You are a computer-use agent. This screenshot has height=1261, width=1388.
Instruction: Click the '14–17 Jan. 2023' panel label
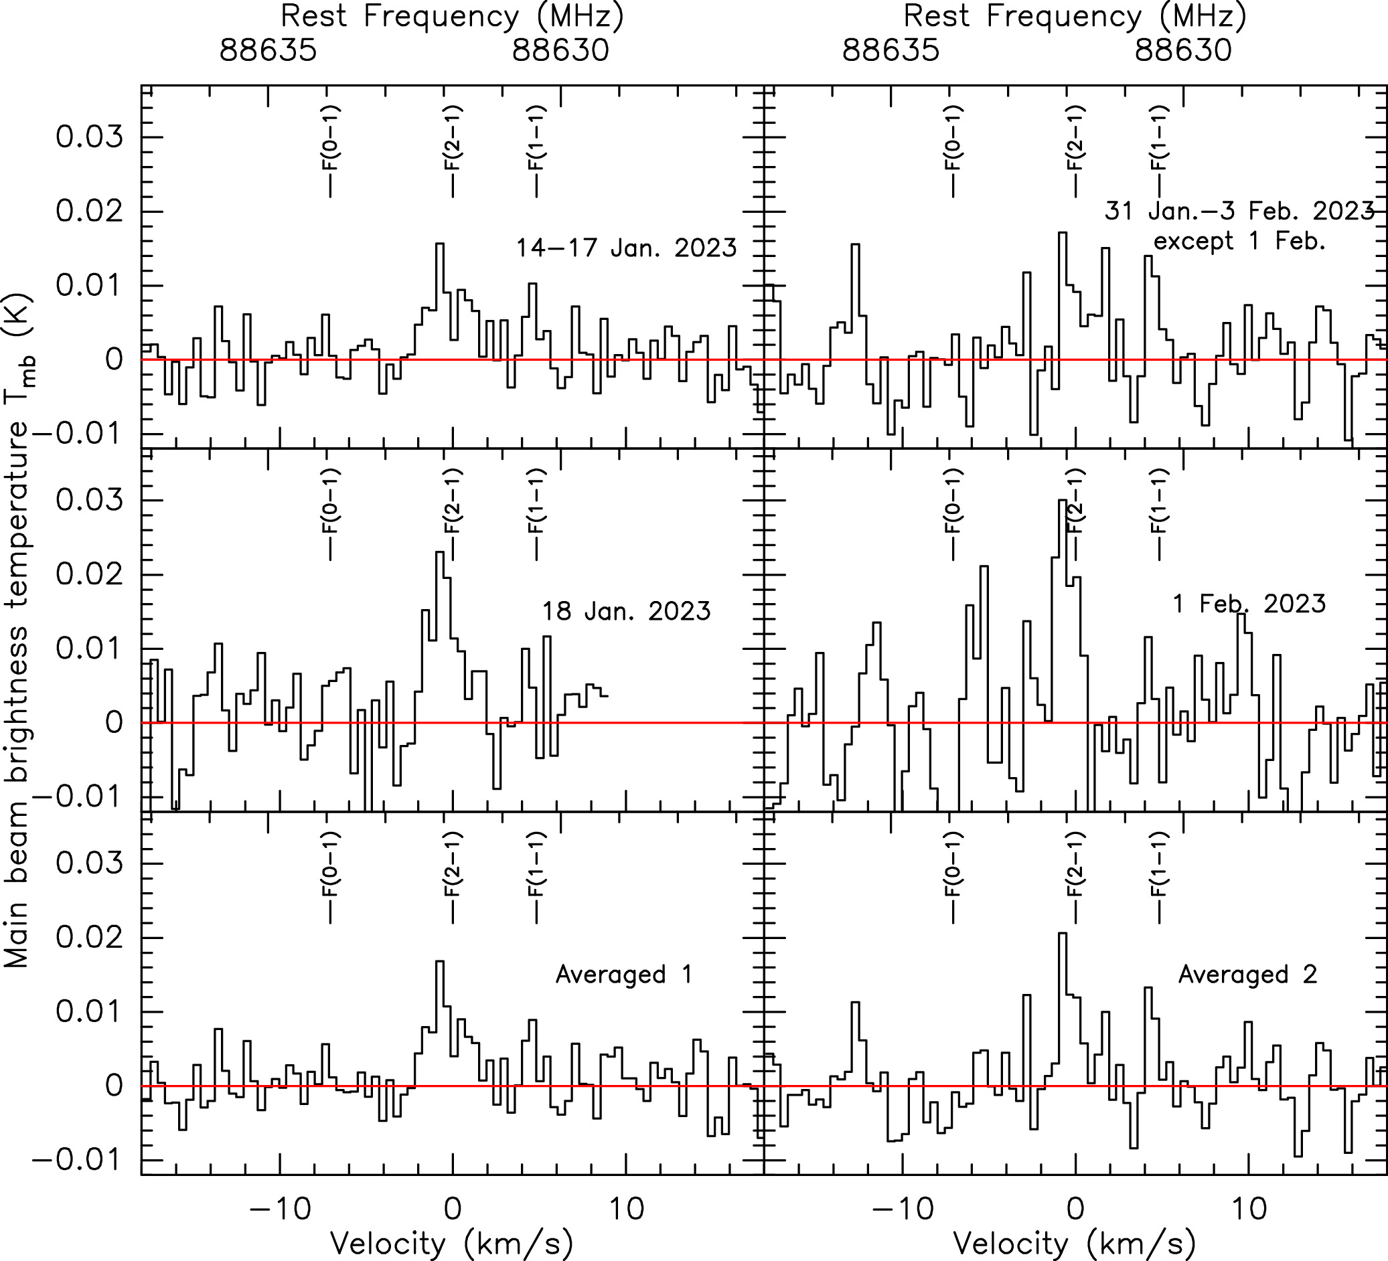click(627, 248)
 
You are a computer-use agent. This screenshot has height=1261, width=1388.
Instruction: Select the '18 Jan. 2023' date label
click(627, 611)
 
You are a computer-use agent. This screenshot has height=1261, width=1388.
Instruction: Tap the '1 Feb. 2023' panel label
click(1249, 604)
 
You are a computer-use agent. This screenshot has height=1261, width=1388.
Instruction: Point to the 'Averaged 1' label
click(624, 974)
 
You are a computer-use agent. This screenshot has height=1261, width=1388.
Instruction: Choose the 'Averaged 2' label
click(1247, 974)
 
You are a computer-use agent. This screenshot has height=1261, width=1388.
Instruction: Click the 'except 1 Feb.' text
click(1239, 242)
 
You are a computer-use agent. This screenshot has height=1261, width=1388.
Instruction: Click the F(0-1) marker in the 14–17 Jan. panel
click(331, 151)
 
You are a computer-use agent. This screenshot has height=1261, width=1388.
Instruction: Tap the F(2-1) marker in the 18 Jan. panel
click(453, 514)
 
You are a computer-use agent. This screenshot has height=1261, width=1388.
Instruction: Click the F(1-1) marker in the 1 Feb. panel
click(1159, 514)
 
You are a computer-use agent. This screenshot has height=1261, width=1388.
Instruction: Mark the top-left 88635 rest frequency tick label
click(268, 50)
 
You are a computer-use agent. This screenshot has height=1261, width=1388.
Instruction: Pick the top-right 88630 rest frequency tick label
click(1183, 50)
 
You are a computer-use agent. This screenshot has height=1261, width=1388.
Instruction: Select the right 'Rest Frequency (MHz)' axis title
click(1075, 17)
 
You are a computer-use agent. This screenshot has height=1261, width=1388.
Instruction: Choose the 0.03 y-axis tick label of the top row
click(90, 137)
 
